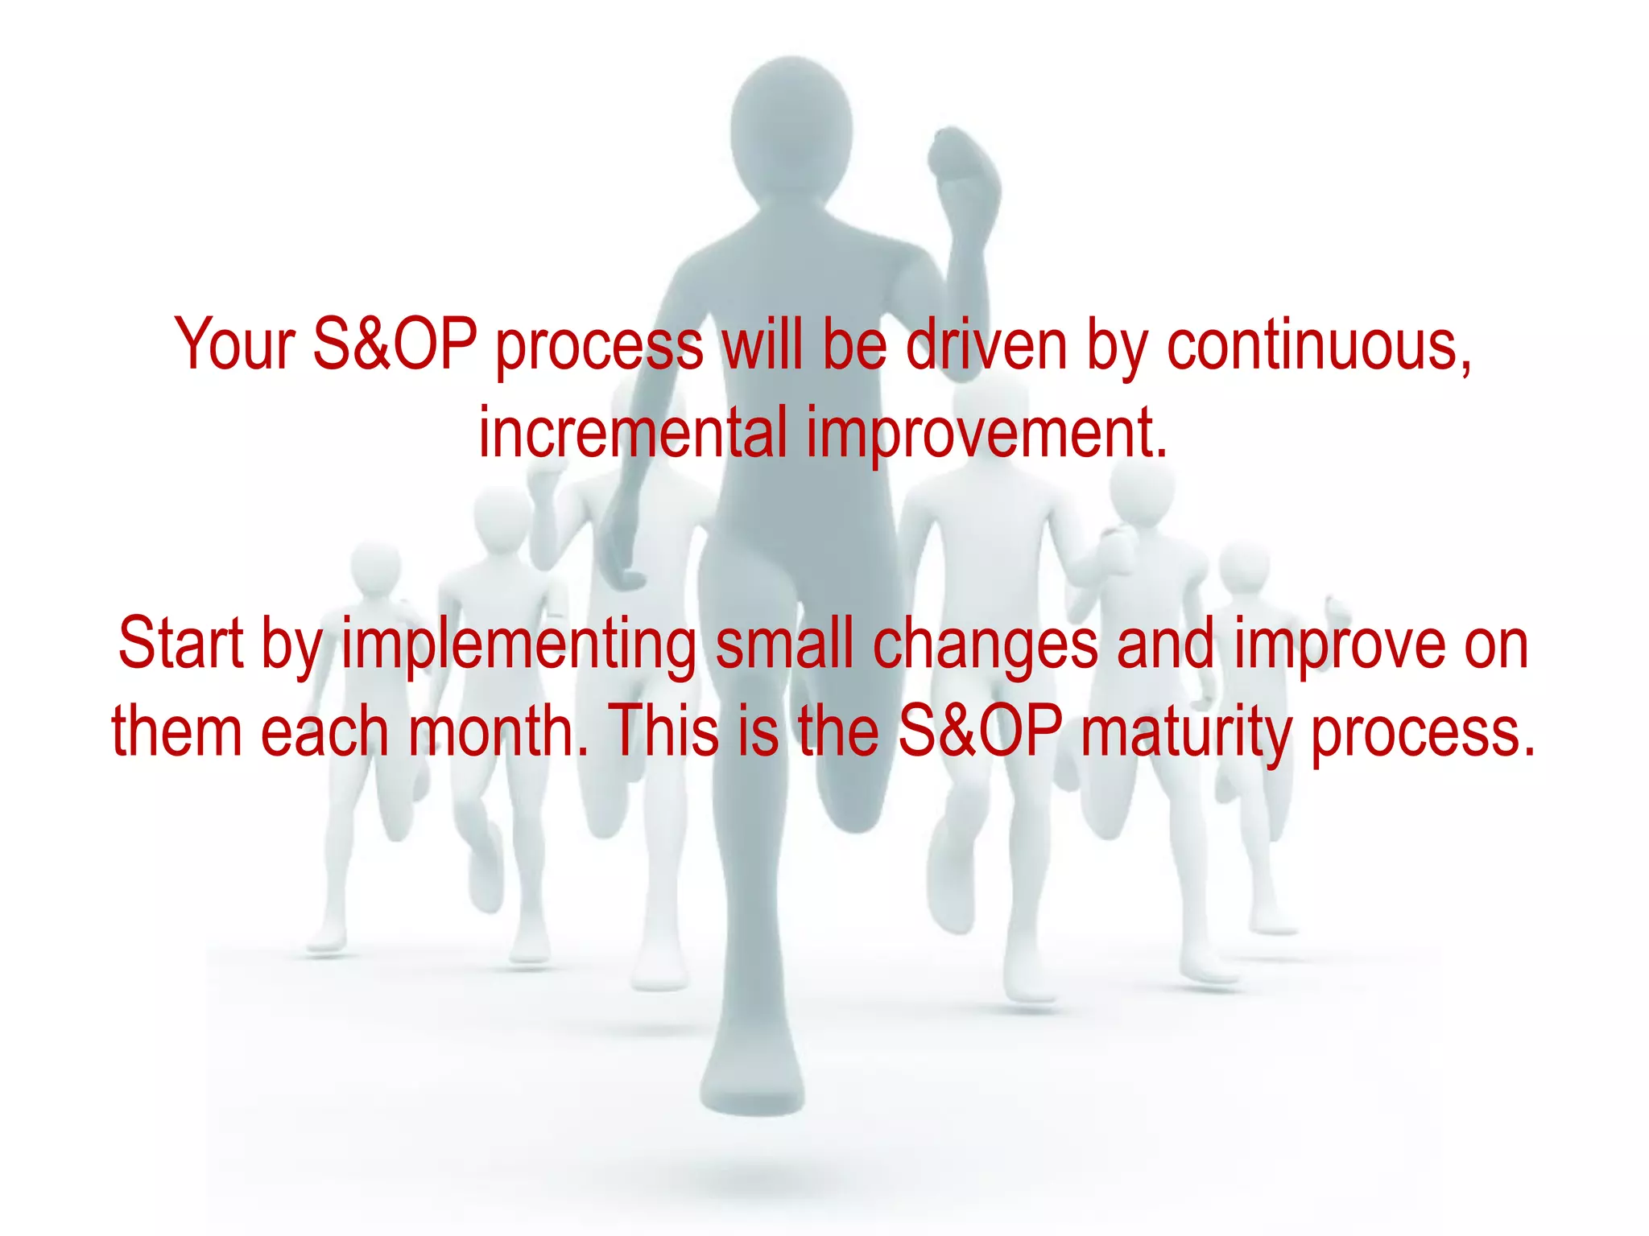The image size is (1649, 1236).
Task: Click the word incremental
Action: tap(633, 433)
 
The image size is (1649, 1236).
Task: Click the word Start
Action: tap(180, 644)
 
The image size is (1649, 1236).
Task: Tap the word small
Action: tap(784, 644)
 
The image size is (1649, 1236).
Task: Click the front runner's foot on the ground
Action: tap(751, 1078)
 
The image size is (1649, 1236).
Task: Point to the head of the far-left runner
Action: tap(375, 567)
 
